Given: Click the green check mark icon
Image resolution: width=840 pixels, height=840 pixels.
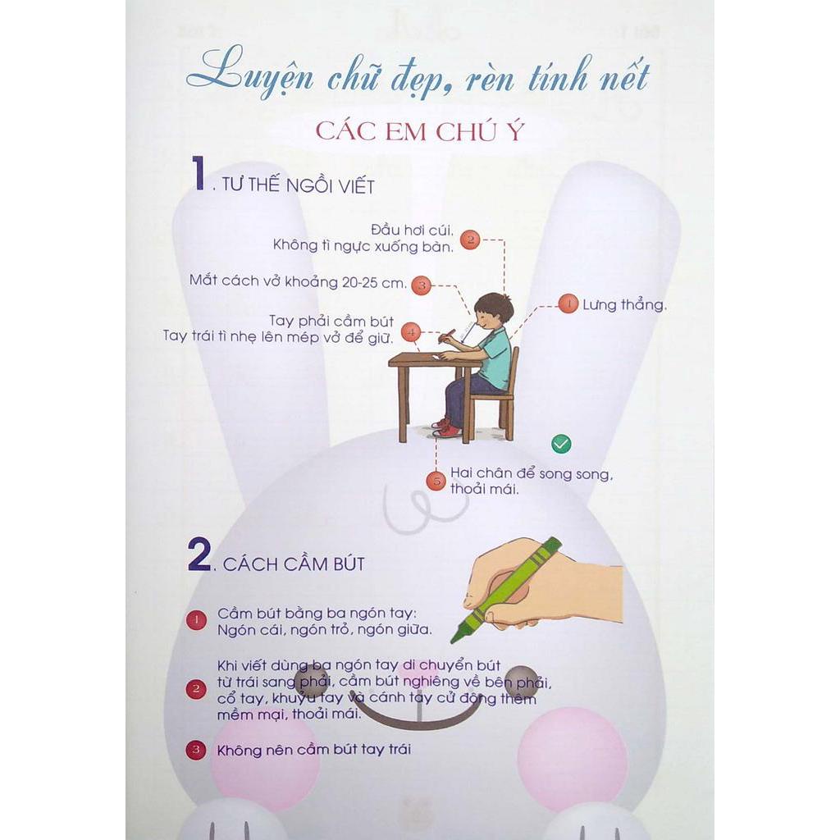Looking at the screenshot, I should coord(561,444).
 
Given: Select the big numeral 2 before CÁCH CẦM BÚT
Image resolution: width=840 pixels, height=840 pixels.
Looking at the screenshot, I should coord(200,555).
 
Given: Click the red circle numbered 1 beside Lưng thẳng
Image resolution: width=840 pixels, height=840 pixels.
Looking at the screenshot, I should coord(568,304).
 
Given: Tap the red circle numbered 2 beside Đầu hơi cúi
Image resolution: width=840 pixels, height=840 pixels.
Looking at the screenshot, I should coord(469,240).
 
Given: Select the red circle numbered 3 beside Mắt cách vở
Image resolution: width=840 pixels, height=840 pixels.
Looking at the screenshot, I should coord(421,285).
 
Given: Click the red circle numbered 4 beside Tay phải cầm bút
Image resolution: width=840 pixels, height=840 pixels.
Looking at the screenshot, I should coord(412,332).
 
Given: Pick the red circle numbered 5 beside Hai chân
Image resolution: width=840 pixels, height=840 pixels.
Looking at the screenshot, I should coord(436,482).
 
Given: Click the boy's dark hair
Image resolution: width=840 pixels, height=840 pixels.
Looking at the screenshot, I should coord(495,306).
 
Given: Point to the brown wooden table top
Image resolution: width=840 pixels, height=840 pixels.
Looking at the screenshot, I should coord(427,359).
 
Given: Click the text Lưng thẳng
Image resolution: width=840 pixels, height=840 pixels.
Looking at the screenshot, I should coord(624,305).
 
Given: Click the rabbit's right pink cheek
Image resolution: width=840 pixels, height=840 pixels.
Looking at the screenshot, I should coord(572,756).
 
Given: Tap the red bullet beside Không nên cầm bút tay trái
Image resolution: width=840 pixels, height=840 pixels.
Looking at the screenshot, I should coord(196,749).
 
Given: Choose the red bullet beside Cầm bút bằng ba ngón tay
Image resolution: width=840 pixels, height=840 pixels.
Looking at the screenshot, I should coord(196,621).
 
